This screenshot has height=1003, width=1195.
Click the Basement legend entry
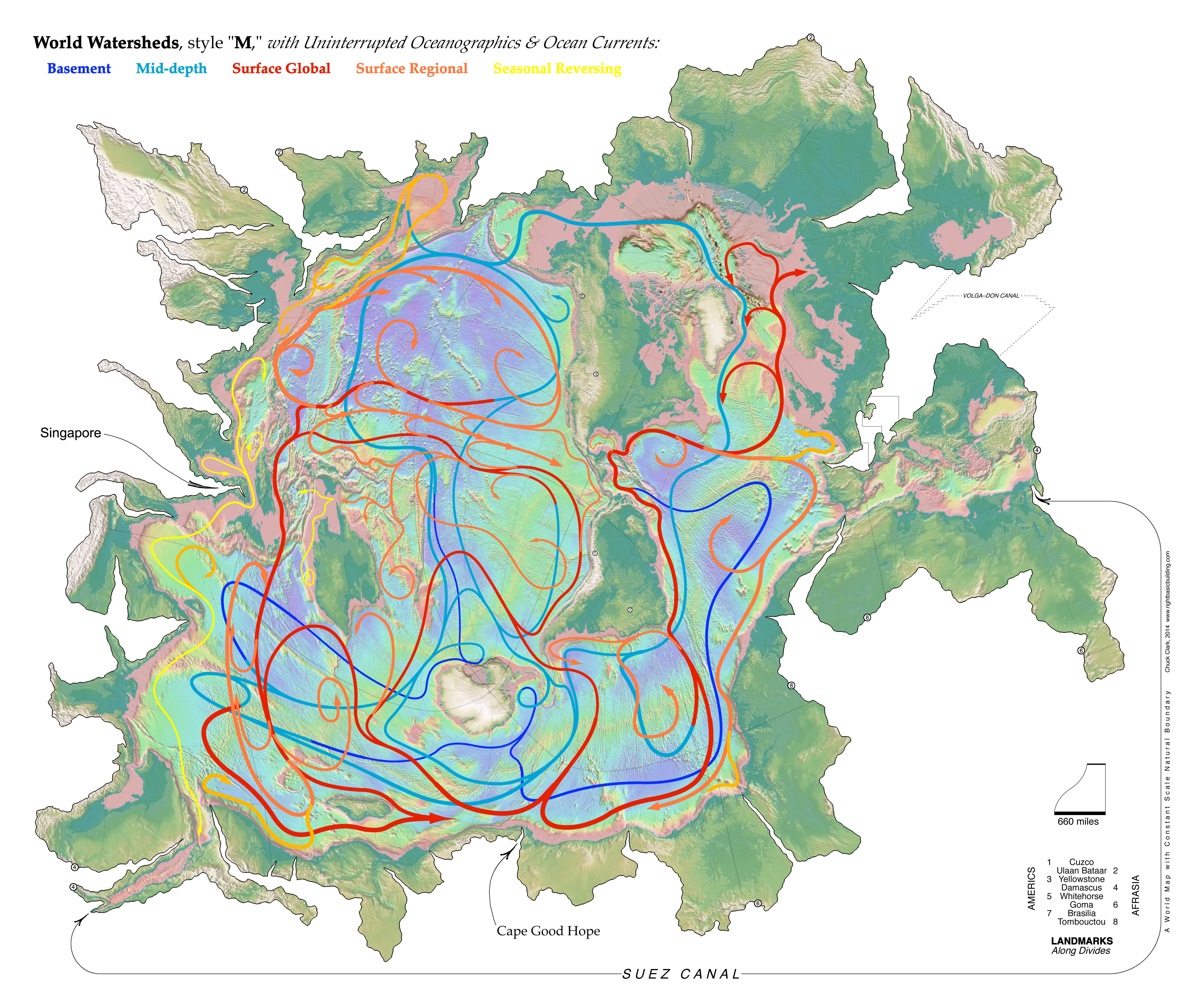point(79,69)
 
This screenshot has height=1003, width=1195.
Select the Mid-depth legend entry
point(171,69)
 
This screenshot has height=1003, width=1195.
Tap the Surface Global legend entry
point(281,69)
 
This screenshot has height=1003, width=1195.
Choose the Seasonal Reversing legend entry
point(557,69)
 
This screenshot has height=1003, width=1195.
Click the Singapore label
point(71,433)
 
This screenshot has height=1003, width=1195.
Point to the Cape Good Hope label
point(548,931)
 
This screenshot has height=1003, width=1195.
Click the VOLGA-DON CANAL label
point(991,296)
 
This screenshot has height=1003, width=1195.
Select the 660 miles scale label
point(1078,822)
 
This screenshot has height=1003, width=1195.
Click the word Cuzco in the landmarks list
point(1081,862)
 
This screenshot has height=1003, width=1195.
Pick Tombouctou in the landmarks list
point(1081,922)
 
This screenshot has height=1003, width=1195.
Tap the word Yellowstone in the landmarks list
point(1081,879)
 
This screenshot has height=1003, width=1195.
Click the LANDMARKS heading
point(1081,941)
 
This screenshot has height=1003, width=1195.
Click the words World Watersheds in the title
point(106,43)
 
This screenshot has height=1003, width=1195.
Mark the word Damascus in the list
point(1081,888)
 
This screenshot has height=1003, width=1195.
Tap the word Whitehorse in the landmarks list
point(1081,896)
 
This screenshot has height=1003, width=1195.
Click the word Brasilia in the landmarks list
point(1081,913)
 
